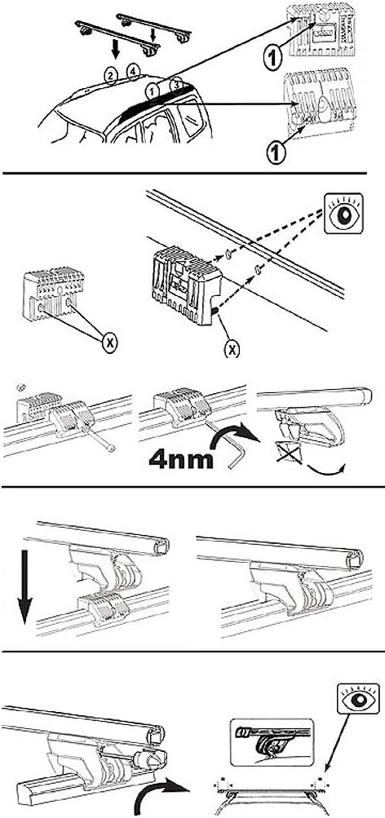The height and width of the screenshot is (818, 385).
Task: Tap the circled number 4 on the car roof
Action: click(x=133, y=72)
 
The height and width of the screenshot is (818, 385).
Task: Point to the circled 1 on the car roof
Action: click(x=152, y=89)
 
